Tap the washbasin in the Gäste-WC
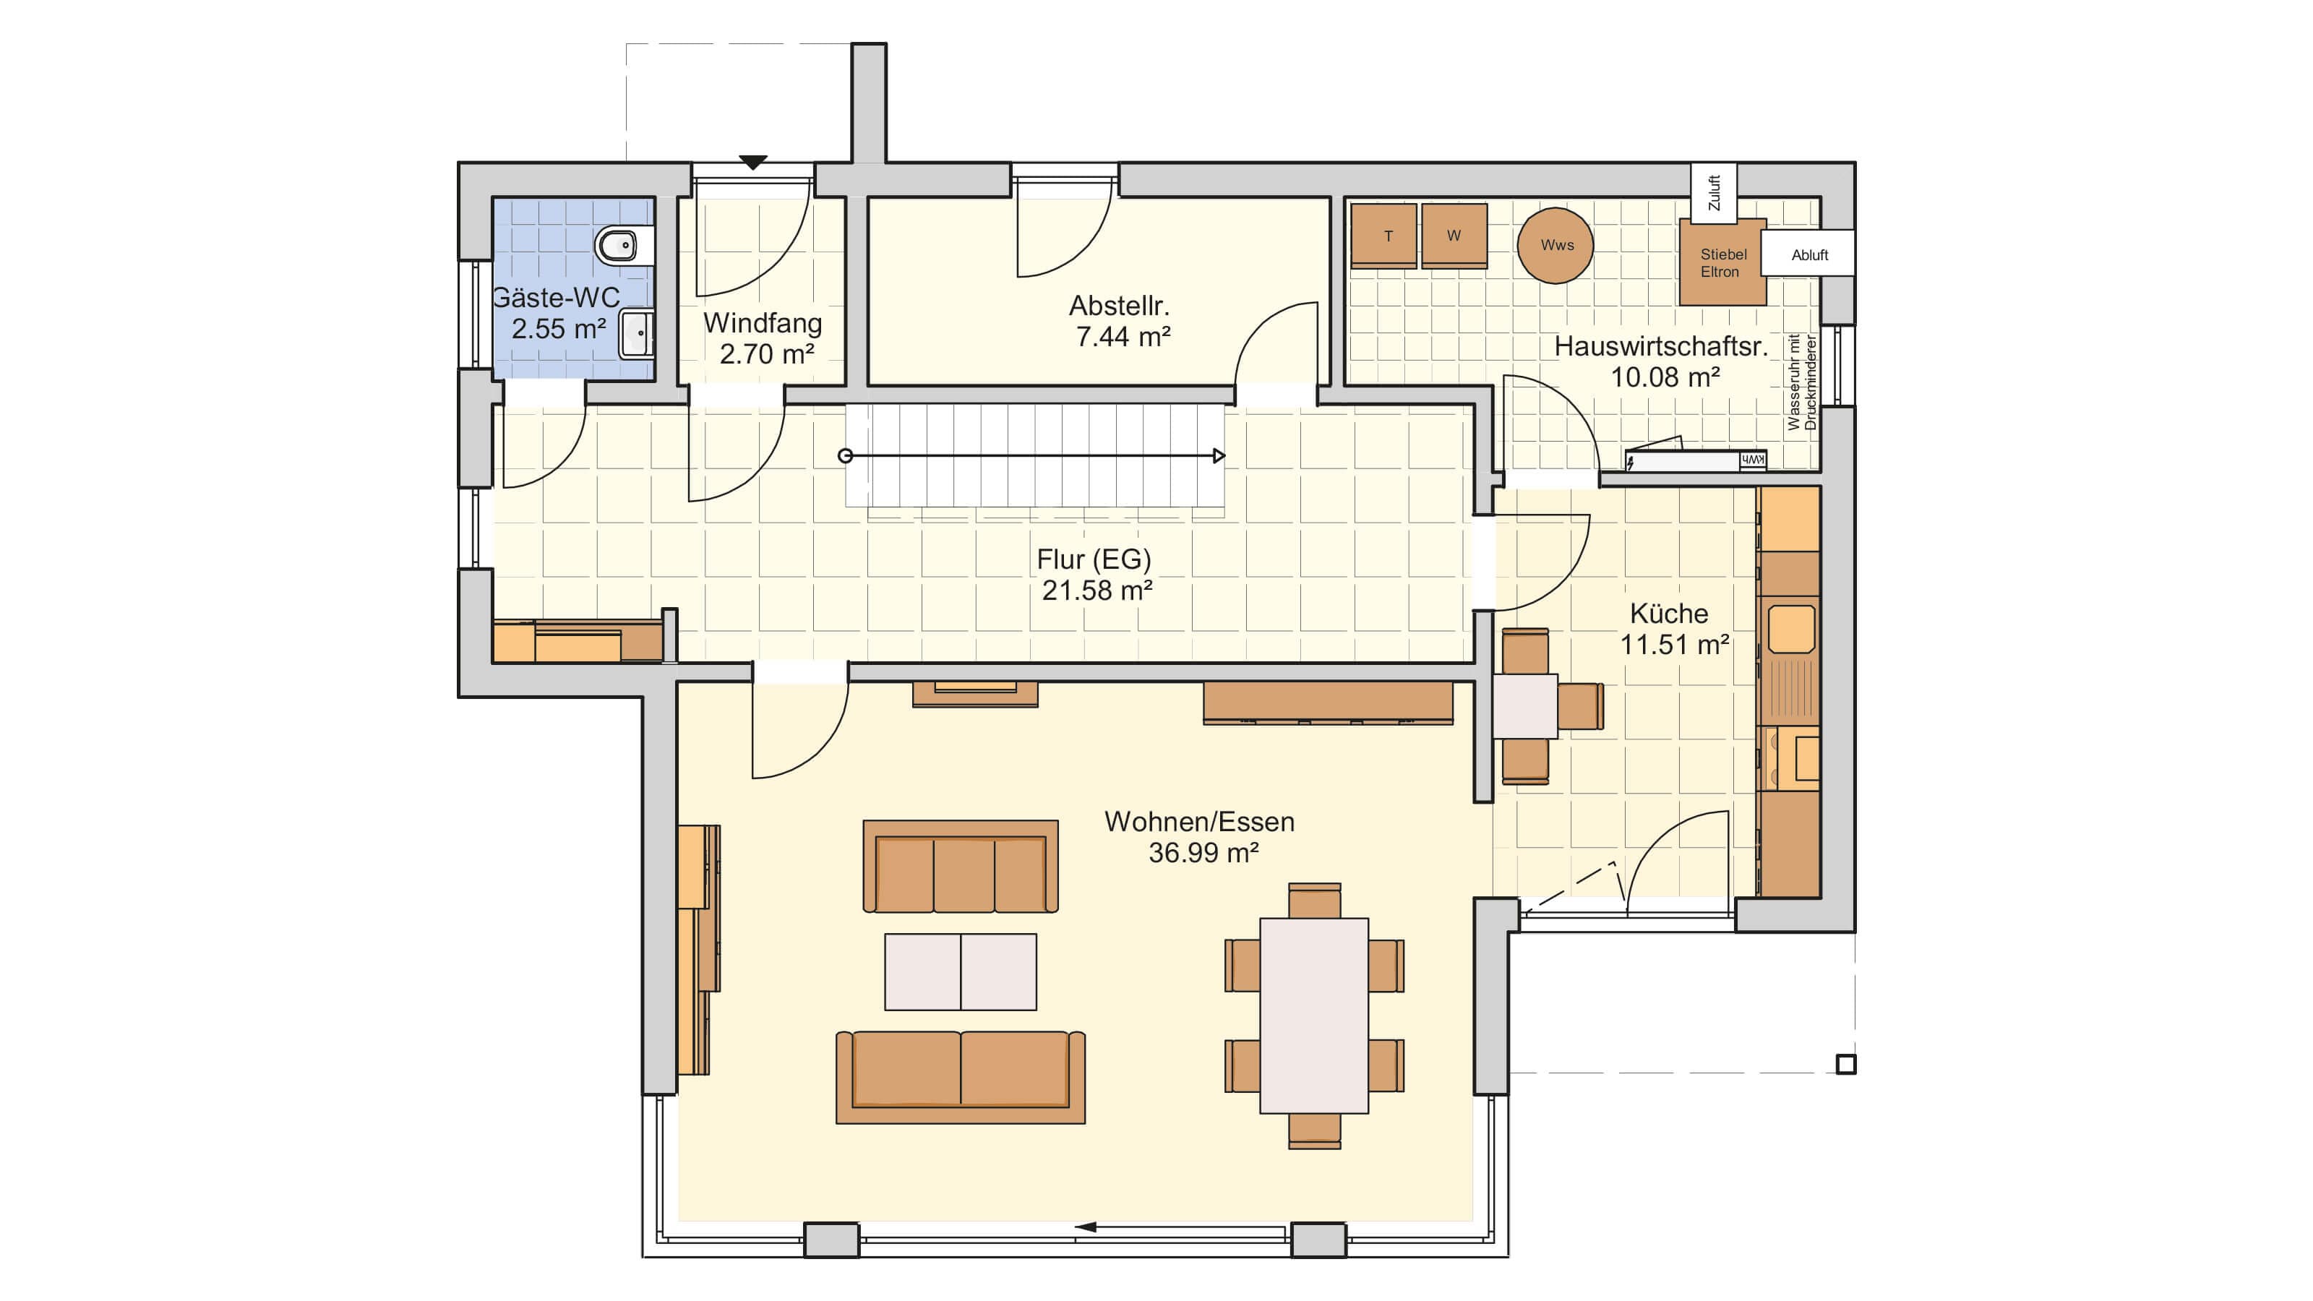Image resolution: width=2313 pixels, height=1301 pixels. (x=638, y=333)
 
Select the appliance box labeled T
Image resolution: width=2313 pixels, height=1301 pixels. (x=1383, y=235)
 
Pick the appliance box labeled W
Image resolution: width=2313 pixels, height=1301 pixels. (x=1454, y=235)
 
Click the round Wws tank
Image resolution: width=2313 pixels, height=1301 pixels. (x=1555, y=245)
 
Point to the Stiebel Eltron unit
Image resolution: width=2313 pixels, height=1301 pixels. (x=1722, y=262)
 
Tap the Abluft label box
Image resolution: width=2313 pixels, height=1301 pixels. (x=1808, y=254)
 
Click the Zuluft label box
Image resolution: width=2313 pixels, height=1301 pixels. (x=1713, y=193)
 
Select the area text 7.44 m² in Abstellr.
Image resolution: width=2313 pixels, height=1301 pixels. (x=1123, y=337)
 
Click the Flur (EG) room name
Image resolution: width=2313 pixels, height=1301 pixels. (x=1094, y=559)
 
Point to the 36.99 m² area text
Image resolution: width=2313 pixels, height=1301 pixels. (x=1203, y=852)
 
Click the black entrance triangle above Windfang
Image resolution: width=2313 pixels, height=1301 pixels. (x=752, y=163)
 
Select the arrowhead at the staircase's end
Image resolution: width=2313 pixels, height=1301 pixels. (x=1219, y=456)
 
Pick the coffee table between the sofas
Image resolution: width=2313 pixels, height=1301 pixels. (x=960, y=971)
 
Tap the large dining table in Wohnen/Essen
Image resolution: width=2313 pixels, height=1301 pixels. (x=1313, y=1016)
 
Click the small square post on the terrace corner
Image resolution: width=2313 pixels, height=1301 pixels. (x=1845, y=1064)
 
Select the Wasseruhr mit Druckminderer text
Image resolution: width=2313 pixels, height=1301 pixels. (x=1801, y=382)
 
